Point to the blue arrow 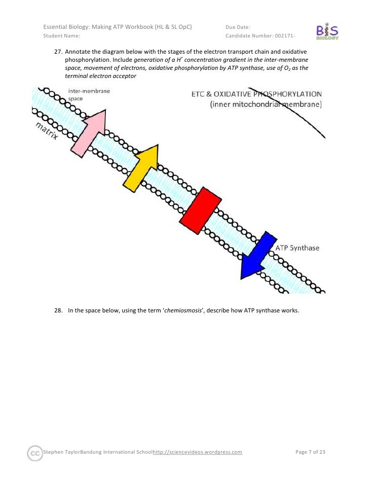(x=258, y=256)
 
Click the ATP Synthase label (x=298, y=248)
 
